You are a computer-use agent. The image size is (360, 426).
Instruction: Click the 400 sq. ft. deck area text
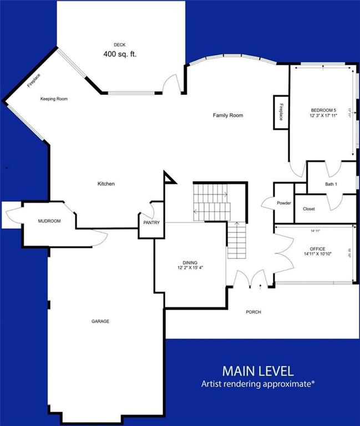pyautogui.click(x=120, y=54)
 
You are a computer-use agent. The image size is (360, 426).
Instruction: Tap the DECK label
pyautogui.click(x=120, y=44)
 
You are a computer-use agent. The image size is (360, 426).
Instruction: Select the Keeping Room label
pyautogui.click(x=54, y=99)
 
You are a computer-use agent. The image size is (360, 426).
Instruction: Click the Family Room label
pyautogui.click(x=228, y=115)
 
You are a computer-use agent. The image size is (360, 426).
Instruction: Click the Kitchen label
pyautogui.click(x=106, y=184)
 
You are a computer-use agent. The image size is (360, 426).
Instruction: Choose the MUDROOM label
pyautogui.click(x=49, y=221)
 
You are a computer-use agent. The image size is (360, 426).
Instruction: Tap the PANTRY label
pyautogui.click(x=151, y=223)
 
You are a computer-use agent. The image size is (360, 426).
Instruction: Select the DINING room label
pyautogui.click(x=190, y=262)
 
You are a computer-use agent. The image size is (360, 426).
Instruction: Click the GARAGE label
pyautogui.click(x=100, y=321)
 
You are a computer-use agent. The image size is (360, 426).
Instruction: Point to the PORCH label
pyautogui.click(x=253, y=312)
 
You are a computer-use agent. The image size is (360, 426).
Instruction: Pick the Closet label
pyautogui.click(x=309, y=209)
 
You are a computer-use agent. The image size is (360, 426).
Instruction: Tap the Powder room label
pyautogui.click(x=284, y=203)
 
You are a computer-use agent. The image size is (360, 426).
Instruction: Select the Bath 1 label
pyautogui.click(x=331, y=184)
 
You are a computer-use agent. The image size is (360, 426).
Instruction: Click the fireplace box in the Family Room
pyautogui.click(x=281, y=112)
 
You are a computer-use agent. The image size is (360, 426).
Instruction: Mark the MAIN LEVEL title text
pyautogui.click(x=258, y=370)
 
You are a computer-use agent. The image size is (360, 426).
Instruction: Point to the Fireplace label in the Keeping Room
pyautogui.click(x=34, y=81)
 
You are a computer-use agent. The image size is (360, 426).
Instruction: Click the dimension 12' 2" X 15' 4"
pyautogui.click(x=190, y=268)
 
